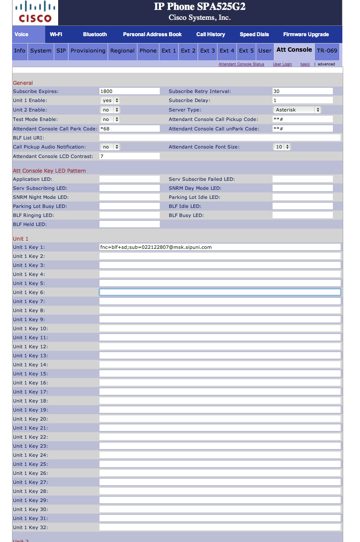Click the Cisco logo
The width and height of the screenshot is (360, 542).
[35, 12]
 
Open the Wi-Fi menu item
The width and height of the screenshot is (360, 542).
[56, 34]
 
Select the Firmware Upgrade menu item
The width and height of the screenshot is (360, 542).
[306, 34]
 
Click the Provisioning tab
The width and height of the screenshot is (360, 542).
[88, 51]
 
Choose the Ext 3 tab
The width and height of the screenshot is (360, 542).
[208, 51]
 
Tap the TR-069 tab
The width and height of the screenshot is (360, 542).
[327, 51]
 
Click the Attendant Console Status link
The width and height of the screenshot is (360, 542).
[241, 64]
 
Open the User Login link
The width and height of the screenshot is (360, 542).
[282, 64]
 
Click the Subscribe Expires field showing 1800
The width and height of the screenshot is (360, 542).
[129, 91]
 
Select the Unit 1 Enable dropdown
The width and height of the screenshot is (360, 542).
[110, 100]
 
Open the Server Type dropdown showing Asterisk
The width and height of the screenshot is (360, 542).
[297, 110]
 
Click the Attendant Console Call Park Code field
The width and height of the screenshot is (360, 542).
[129, 129]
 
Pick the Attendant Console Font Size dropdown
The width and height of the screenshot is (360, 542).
[282, 147]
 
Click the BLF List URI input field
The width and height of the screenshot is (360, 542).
[220, 138]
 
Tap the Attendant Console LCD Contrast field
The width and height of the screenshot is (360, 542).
[129, 156]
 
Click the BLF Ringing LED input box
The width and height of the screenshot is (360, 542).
[129, 215]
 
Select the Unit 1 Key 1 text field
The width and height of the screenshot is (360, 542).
[220, 247]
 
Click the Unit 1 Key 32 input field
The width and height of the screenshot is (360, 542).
[220, 527]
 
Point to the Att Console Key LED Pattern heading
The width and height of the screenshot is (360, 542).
[49, 171]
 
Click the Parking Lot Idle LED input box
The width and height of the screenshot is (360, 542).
[302, 197]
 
